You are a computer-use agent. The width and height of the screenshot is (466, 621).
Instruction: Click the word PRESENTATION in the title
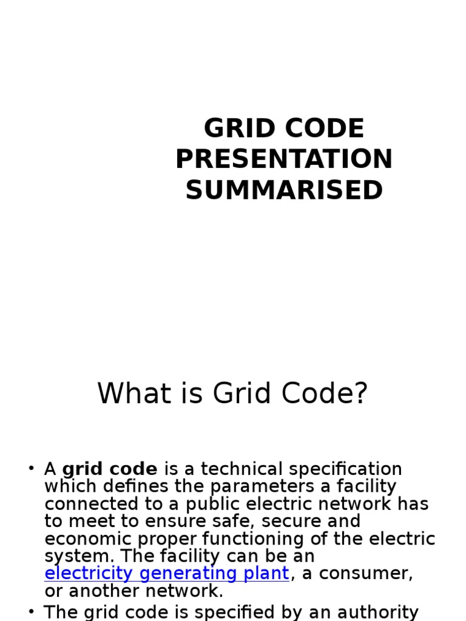pyautogui.click(x=284, y=159)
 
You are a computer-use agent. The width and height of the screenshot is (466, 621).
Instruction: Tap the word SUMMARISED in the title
pyautogui.click(x=284, y=190)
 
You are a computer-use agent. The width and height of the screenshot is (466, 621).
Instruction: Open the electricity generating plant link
pyautogui.click(x=167, y=574)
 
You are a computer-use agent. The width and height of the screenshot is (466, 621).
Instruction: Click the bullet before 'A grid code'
pyautogui.click(x=31, y=468)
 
